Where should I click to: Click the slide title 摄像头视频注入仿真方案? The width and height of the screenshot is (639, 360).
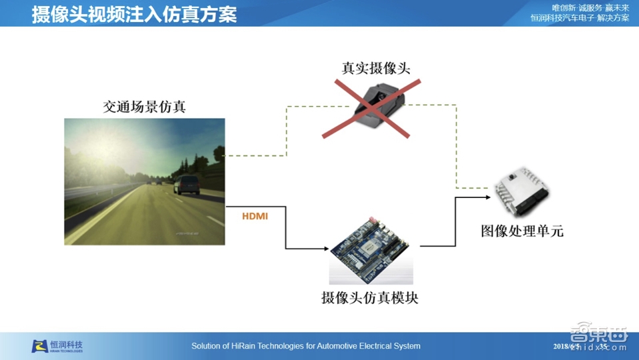pos(134,14)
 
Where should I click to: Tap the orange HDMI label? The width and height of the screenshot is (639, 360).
pos(255,216)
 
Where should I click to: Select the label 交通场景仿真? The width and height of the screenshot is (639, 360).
pos(144,107)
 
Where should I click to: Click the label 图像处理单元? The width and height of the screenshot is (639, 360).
pos(522,231)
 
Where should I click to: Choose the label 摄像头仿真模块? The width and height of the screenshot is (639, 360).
pos(370,298)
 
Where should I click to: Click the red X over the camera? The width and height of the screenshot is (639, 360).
pos(371,108)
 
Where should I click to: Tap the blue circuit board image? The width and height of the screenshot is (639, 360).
pos(371,251)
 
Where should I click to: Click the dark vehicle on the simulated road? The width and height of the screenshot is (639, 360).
pos(187,183)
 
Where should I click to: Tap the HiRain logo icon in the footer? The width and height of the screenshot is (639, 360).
pos(39,346)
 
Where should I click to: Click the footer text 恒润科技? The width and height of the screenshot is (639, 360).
pos(67,345)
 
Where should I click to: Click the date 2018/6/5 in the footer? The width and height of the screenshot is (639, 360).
pos(567,346)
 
